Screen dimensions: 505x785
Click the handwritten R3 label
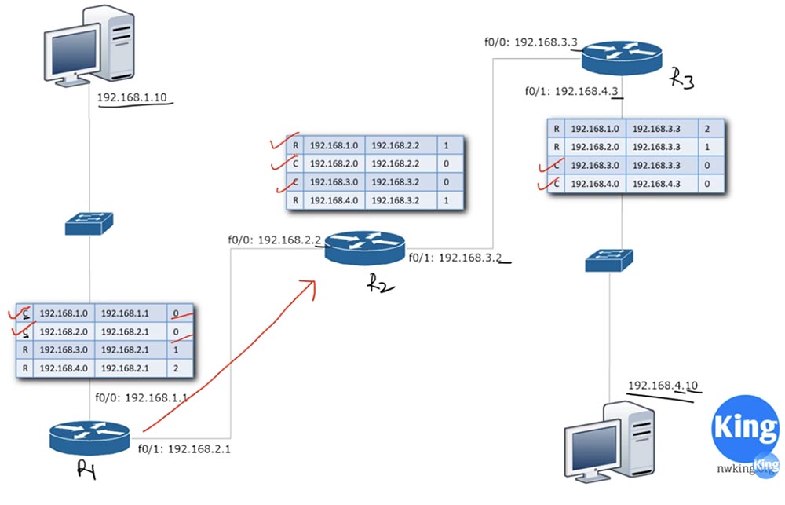click(x=681, y=79)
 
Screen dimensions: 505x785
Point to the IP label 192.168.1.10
click(x=132, y=99)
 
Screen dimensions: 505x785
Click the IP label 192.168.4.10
click(x=663, y=386)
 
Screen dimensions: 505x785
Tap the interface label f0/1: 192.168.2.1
click(x=184, y=450)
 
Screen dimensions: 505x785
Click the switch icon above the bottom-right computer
click(x=608, y=262)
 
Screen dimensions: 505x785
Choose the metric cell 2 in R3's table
click(x=707, y=128)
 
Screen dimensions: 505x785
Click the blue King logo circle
click(x=743, y=427)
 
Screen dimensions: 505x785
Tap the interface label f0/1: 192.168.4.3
click(x=571, y=91)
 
